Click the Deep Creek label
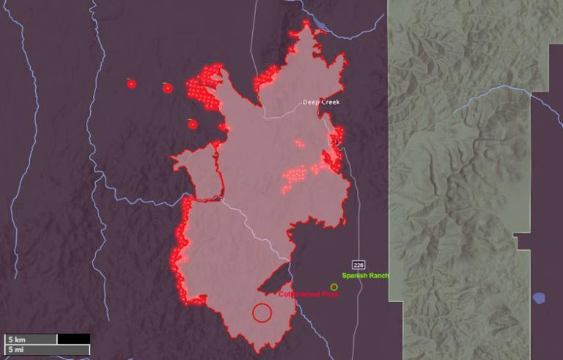click(321, 102)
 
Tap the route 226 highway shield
click(358, 264)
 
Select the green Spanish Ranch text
click(365, 276)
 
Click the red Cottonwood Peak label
click(308, 293)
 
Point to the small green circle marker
click(334, 287)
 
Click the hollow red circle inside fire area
click(262, 312)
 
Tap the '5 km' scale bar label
click(16, 339)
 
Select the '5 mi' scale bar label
click(16, 350)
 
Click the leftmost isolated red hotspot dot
click(131, 84)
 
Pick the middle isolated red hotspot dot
click(167, 88)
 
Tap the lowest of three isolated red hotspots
click(193, 124)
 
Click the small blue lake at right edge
click(539, 298)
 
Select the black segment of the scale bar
click(73, 339)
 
